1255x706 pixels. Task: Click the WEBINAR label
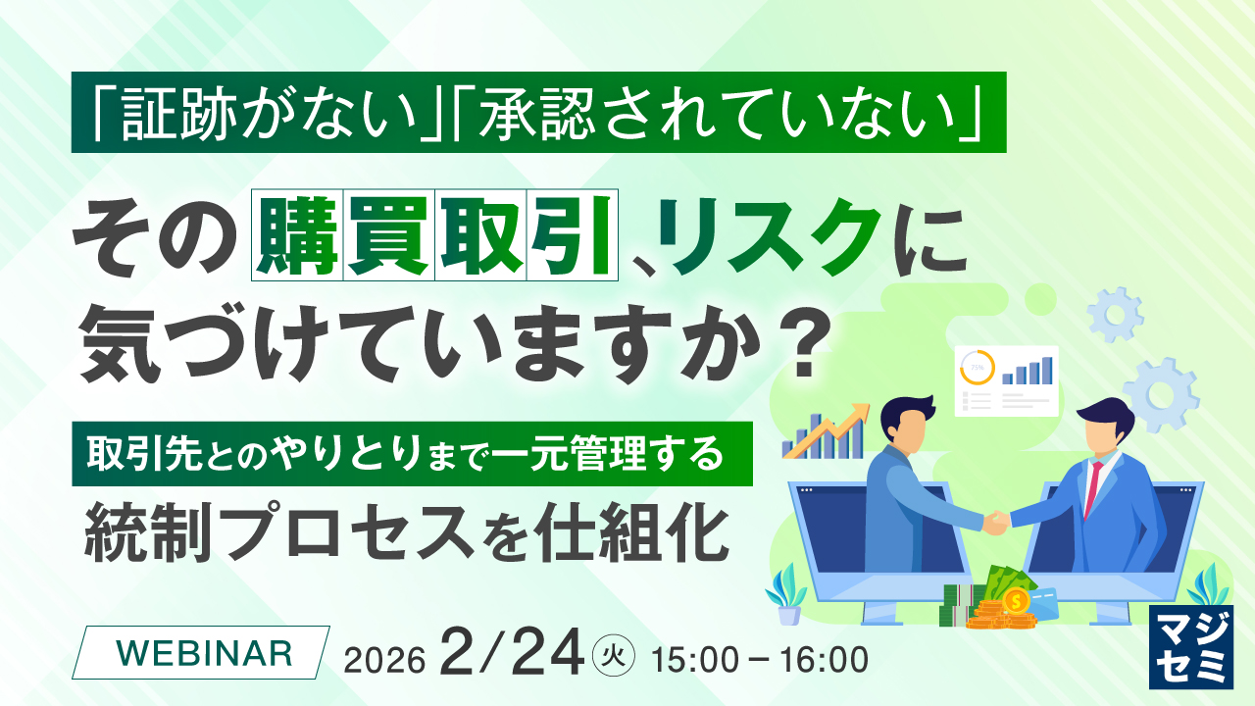204,653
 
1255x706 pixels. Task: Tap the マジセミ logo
1191,646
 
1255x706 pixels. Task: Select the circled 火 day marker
614,654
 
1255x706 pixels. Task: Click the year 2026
384,661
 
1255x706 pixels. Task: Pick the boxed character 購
297,234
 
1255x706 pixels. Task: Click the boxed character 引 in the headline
572,234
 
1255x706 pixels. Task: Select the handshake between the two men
995,523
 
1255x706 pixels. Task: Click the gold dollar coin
1015,602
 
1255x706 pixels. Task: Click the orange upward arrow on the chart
827,430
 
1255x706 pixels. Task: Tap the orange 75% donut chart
978,368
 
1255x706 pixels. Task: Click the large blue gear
1161,395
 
